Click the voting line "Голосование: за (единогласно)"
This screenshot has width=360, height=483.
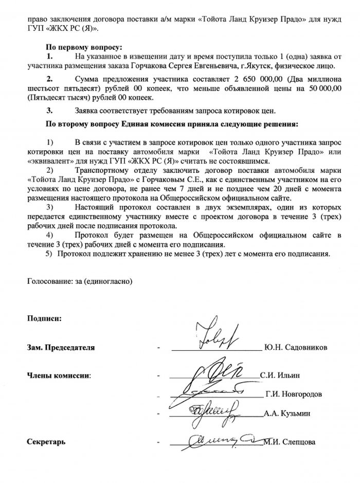click(80, 281)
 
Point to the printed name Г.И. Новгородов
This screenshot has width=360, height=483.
click(294, 394)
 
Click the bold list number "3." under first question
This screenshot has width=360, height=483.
click(50, 110)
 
